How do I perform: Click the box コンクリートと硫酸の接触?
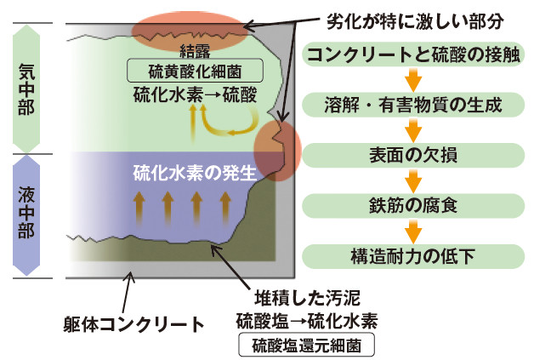click(x=413, y=57)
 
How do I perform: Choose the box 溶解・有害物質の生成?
click(x=413, y=106)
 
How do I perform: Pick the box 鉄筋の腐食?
click(x=413, y=205)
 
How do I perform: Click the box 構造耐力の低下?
click(x=413, y=254)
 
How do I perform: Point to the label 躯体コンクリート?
click(x=133, y=324)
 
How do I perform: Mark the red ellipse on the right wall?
click(x=277, y=146)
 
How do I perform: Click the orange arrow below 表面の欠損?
click(x=413, y=181)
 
